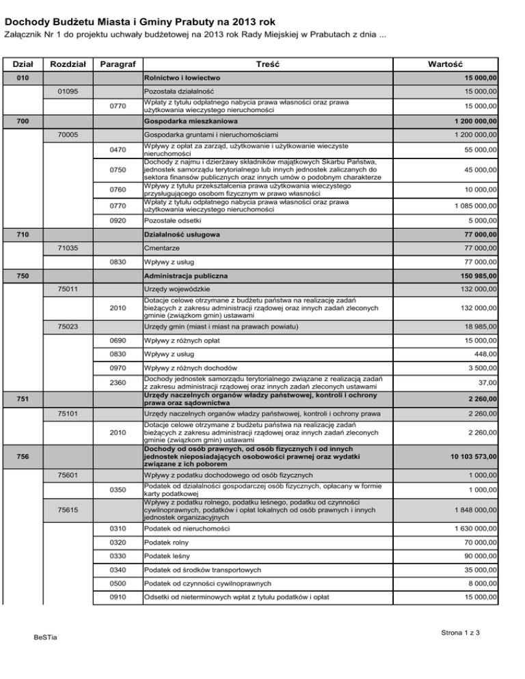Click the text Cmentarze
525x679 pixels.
[162, 247]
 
